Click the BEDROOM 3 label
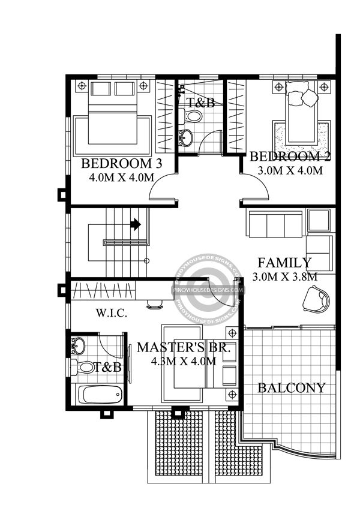(122, 163)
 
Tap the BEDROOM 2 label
(290, 157)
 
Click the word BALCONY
(292, 388)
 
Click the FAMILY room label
(284, 262)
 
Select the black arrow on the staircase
(136, 224)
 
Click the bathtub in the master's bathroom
(100, 395)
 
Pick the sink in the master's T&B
(79, 345)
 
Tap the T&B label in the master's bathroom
(108, 367)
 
